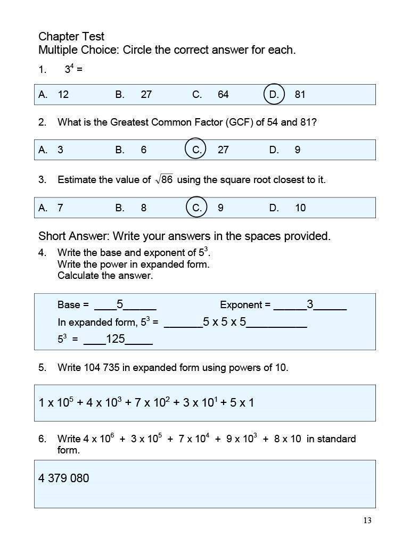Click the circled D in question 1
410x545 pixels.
[x=274, y=94]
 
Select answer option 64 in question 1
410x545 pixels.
[x=223, y=95]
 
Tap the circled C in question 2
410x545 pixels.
[x=196, y=150]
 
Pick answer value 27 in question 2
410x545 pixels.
[x=223, y=150]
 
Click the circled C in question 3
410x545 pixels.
[x=196, y=208]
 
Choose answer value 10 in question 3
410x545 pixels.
[x=300, y=208]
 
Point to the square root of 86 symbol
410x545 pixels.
[x=164, y=180]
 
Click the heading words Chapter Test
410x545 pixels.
[x=71, y=37]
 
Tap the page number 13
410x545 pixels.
[x=367, y=521]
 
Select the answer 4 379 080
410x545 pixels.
[x=64, y=478]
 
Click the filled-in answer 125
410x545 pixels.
[x=115, y=339]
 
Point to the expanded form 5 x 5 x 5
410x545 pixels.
[x=224, y=322]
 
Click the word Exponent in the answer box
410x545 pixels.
[x=241, y=305]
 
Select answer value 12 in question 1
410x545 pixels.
[x=63, y=95]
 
